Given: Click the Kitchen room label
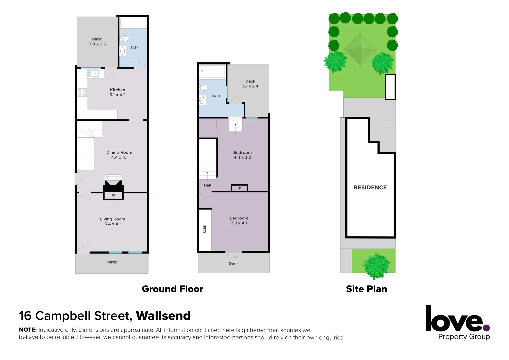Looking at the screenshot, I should tap(118, 92).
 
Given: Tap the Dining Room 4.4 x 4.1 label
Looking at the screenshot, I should tap(119, 155).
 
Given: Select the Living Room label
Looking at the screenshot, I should tap(113, 221).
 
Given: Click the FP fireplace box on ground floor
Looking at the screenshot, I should tap(113, 195).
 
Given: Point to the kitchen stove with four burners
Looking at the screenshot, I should tap(82, 93).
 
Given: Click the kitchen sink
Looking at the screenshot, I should tap(93, 73).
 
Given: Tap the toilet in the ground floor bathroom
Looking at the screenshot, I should tap(124, 38).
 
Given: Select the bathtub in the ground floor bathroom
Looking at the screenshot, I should tap(133, 23).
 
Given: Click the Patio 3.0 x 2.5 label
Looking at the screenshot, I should tap(97, 42).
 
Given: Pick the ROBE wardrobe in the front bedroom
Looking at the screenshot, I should tap(205, 229).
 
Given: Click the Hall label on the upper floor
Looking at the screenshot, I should tap(207, 185).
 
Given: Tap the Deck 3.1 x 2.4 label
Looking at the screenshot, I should tap(250, 84).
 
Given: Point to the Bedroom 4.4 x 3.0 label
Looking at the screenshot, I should tap(242, 155).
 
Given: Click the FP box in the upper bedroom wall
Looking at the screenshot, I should tap(239, 188).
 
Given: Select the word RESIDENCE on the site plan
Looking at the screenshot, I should tap(370, 188).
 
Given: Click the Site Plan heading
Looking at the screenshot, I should tap(366, 289).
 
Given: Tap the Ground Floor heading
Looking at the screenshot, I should tap(172, 289).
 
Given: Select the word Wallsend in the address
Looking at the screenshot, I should tap(163, 316).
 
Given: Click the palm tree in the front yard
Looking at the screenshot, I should tap(376, 266).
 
